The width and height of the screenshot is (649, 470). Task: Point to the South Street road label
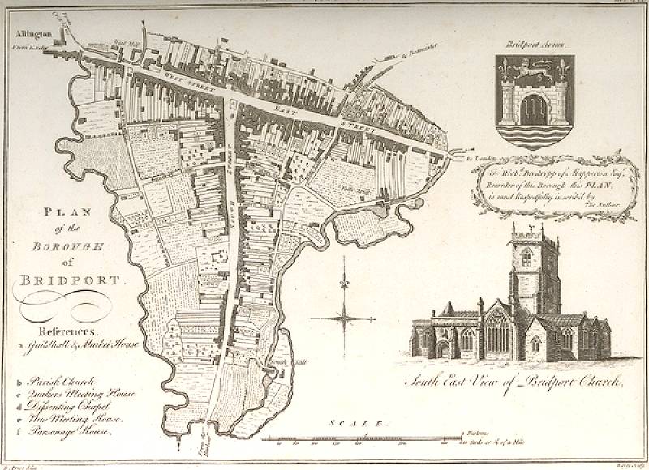click(231, 158)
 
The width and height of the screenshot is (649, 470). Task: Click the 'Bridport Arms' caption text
click(534, 45)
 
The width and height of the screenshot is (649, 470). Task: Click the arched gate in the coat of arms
click(534, 109)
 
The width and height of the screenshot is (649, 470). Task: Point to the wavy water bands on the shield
click(534, 135)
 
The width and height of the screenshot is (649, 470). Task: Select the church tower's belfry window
click(527, 258)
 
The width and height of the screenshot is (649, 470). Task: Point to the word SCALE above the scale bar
click(357, 423)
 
